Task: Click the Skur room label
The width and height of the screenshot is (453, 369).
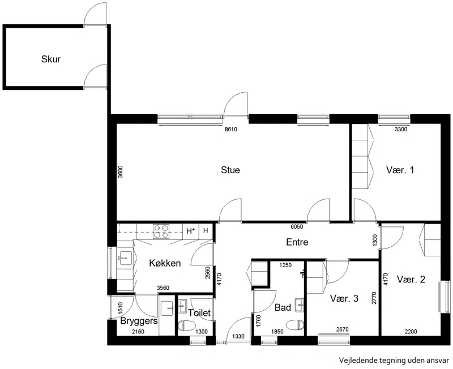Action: (x=51, y=59)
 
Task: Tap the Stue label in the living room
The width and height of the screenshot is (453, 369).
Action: (x=230, y=170)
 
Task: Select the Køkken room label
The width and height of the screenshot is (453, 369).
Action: (x=165, y=263)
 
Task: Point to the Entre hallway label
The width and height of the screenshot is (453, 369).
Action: (x=297, y=242)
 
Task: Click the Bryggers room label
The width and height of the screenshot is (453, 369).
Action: (x=139, y=321)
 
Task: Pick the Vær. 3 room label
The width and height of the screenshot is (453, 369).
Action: (x=344, y=298)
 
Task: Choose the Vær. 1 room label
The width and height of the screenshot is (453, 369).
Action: (x=400, y=170)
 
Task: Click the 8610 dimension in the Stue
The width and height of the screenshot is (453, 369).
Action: (x=231, y=130)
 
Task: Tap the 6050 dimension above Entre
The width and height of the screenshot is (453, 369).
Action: (x=297, y=226)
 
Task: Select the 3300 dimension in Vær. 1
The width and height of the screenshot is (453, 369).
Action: (x=401, y=130)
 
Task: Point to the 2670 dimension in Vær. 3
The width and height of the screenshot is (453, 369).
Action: (x=343, y=329)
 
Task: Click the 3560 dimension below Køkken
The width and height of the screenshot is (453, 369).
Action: (x=163, y=288)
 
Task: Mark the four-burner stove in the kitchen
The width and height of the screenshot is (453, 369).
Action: (x=161, y=231)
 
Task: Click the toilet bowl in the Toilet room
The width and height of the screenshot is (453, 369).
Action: (x=183, y=326)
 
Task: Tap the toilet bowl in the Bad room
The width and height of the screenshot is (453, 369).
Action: (x=295, y=324)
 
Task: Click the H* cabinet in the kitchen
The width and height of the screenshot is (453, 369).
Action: (x=191, y=231)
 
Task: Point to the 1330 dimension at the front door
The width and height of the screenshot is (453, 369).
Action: (x=238, y=336)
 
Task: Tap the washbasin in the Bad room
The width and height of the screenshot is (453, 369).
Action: (x=300, y=305)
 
